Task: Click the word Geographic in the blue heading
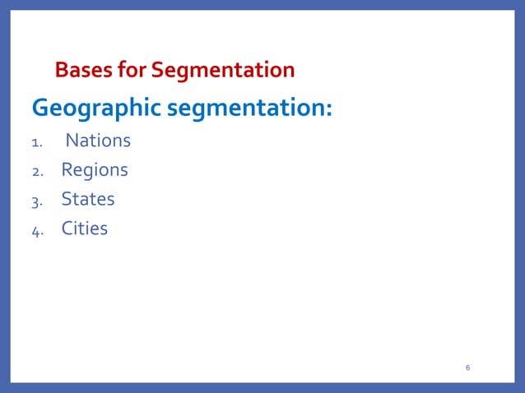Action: [x=96, y=109]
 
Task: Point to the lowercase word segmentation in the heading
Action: [x=247, y=109]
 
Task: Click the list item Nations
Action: [x=98, y=141]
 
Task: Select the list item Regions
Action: [x=95, y=170]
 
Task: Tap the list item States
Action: [x=88, y=200]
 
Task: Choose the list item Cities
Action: [x=85, y=229]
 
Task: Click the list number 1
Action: [x=35, y=143]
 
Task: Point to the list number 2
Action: [x=36, y=173]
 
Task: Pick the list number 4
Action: [x=36, y=231]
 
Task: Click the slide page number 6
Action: [x=467, y=367]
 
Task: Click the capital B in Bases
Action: [x=61, y=71]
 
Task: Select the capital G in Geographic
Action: [x=40, y=108]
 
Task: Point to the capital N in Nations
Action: [x=72, y=141]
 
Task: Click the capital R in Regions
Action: [x=67, y=170]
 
